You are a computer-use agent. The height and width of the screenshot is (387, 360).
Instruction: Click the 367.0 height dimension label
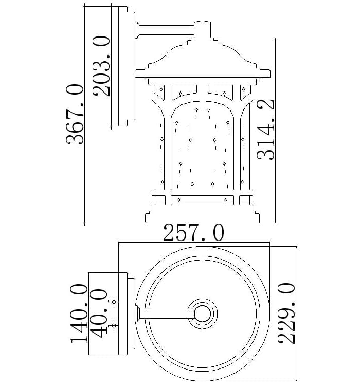75,115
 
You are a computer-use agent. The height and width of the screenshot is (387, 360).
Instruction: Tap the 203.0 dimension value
101,66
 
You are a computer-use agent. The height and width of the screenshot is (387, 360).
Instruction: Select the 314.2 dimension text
267,130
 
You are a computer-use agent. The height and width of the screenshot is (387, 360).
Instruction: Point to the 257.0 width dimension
193,234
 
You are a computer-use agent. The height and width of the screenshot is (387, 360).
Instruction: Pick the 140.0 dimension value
79,315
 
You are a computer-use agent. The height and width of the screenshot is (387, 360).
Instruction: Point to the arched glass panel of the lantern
202,146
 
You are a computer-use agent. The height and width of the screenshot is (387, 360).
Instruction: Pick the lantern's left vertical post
158,144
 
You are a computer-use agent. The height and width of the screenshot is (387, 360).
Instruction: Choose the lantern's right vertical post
245,144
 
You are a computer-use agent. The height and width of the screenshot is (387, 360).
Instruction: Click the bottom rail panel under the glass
202,198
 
